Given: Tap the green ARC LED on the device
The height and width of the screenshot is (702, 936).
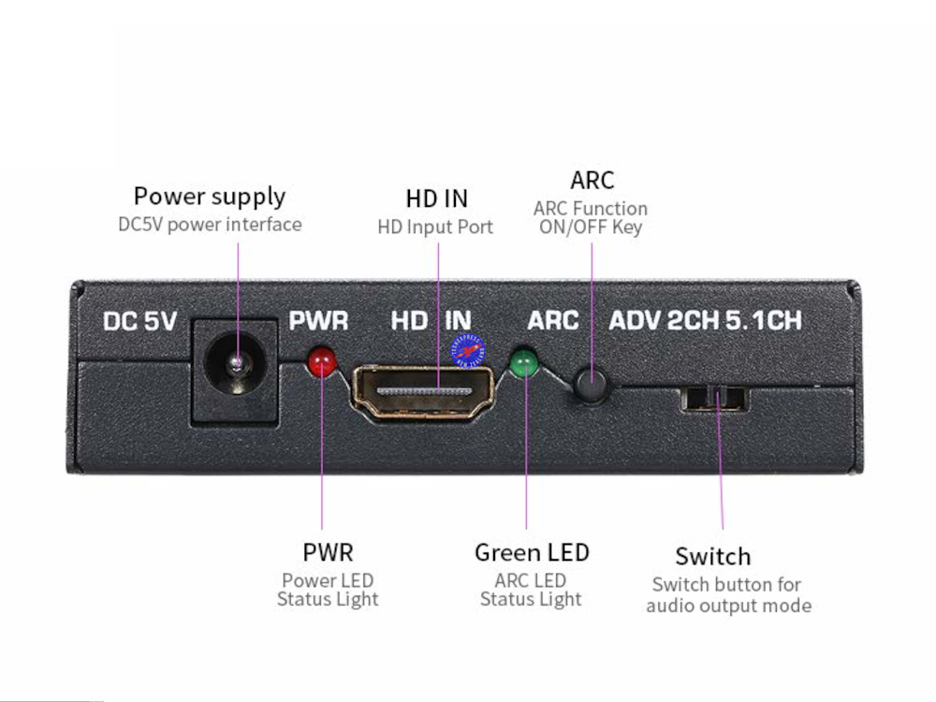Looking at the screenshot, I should (523, 361).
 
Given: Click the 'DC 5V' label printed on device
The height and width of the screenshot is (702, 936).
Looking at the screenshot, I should (140, 321).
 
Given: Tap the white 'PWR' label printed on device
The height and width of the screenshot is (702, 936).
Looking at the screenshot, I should (318, 321).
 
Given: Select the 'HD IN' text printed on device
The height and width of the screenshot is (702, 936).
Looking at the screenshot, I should (431, 321).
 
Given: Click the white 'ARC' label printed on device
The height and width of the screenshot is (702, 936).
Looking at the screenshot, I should (553, 321).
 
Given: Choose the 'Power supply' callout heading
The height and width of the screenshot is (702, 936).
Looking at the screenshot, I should (210, 197).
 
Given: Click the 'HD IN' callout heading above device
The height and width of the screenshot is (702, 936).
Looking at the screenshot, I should (436, 198).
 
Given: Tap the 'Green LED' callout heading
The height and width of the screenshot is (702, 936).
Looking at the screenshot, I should (532, 552).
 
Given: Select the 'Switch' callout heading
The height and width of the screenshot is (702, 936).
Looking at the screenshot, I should (712, 557).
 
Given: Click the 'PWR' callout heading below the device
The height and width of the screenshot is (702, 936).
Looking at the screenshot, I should (328, 552).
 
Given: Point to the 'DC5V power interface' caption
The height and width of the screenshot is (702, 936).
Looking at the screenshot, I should (210, 225).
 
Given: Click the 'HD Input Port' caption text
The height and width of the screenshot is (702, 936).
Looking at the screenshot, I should (435, 227).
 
